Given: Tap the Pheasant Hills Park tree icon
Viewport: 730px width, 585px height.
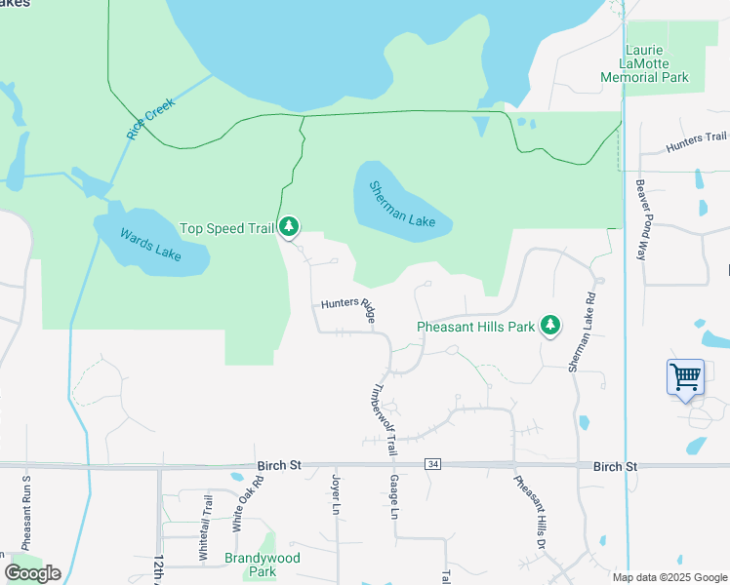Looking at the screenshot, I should coord(551,326).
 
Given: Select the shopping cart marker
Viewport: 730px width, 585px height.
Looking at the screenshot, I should coord(685,375).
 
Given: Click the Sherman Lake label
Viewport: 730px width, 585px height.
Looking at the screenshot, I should coord(401,205).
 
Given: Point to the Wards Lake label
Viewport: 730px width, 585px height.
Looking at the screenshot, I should coord(150,244).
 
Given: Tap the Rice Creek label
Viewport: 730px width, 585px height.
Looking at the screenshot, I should coord(149,118).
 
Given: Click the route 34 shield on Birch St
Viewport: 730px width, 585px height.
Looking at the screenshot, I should coord(431,466).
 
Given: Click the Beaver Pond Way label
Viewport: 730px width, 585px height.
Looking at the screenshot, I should coord(641,218).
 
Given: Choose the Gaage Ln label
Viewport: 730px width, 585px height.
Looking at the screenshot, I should coord(395,497).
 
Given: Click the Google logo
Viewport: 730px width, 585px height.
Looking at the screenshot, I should coord(32,573).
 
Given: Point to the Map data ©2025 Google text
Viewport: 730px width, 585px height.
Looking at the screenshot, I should coord(669,577).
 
